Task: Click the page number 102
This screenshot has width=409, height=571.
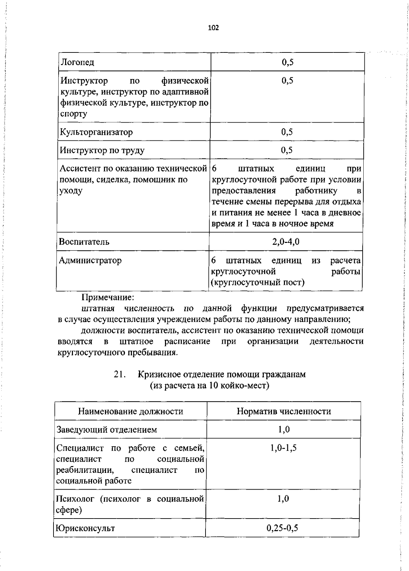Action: (x=213, y=28)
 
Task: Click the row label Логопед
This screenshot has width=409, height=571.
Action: (x=77, y=62)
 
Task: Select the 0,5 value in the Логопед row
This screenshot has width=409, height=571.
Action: (x=288, y=62)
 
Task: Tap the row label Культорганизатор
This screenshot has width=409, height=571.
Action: (x=96, y=132)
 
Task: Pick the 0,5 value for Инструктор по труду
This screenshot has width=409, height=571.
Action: (x=287, y=150)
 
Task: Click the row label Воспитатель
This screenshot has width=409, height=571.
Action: (x=84, y=242)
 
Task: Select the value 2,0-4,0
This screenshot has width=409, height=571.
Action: (x=286, y=242)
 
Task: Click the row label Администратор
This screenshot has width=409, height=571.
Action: (x=90, y=261)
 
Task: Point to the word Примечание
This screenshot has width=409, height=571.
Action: (x=108, y=297)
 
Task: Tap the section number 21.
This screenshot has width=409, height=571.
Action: (x=120, y=374)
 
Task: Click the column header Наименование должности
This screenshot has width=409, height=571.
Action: (x=131, y=411)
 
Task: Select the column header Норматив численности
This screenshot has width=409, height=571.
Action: (x=284, y=411)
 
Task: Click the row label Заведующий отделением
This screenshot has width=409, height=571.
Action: (x=107, y=430)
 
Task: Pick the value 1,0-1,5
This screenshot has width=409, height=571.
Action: (x=284, y=448)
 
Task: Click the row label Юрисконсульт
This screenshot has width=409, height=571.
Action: (x=85, y=528)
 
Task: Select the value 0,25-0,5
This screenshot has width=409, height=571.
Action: (x=282, y=528)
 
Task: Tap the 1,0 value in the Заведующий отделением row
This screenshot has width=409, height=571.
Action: (x=284, y=430)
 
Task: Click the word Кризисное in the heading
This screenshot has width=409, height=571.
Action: (x=159, y=374)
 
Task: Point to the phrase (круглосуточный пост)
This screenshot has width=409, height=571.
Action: (x=258, y=282)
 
